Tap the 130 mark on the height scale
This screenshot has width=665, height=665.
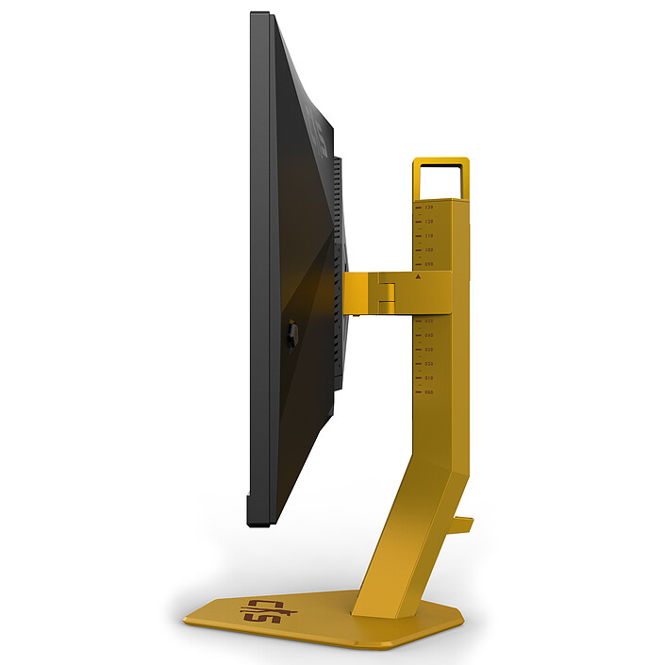[x=429, y=207]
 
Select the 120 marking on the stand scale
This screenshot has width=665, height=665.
[x=429, y=221]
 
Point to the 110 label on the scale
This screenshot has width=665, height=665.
[x=429, y=235]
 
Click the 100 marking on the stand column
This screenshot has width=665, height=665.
[x=429, y=249]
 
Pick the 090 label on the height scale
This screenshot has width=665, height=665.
[x=429, y=264]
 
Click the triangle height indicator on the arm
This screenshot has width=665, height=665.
[x=418, y=276]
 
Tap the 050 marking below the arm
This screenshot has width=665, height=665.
[x=429, y=321]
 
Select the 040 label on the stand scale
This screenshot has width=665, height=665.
[x=429, y=335]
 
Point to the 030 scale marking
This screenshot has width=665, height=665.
[x=429, y=349]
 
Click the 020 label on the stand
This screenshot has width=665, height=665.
[x=429, y=363]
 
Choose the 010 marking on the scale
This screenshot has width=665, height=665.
[x=429, y=377]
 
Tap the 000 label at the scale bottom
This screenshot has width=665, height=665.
[x=429, y=391]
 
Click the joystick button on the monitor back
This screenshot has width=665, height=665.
[x=291, y=332]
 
